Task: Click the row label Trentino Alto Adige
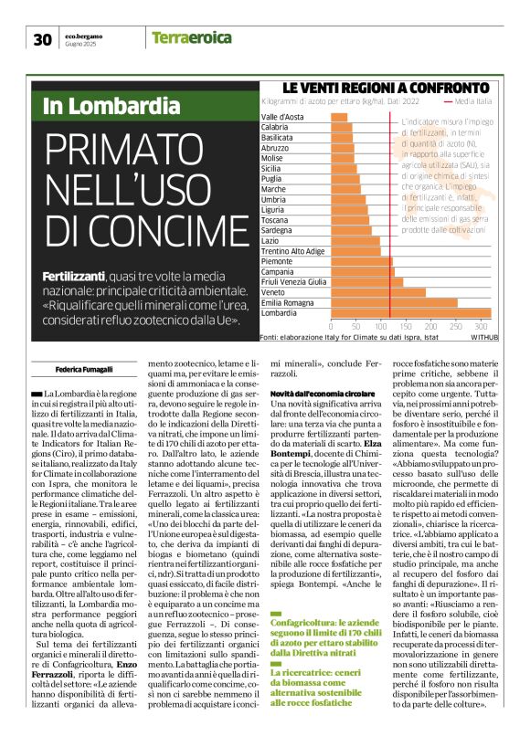point(292,250)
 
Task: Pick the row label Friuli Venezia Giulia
point(293,281)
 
